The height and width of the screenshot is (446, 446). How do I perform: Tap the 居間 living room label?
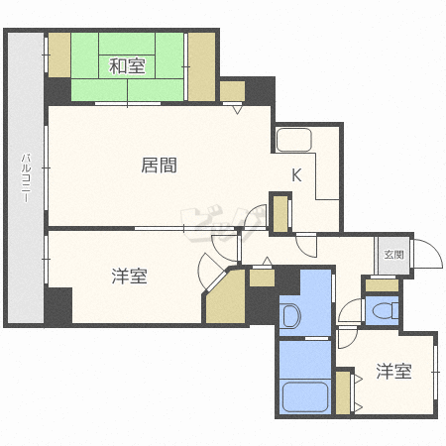click(159, 166)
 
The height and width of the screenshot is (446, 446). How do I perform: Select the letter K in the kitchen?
click(296, 175)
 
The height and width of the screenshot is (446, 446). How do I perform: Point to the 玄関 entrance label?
click(393, 255)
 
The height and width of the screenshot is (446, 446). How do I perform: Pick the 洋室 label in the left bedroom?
click(129, 277)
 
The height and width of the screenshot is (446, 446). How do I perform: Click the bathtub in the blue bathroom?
click(305, 397)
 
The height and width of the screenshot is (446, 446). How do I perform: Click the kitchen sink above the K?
click(294, 140)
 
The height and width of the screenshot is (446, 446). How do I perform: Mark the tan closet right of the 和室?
click(202, 66)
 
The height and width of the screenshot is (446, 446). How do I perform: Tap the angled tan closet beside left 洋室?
click(226, 299)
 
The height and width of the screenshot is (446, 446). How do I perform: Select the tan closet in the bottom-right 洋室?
click(343, 392)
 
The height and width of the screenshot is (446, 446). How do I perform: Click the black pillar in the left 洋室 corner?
click(58, 305)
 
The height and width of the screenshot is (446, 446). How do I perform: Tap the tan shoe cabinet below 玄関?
click(382, 285)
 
